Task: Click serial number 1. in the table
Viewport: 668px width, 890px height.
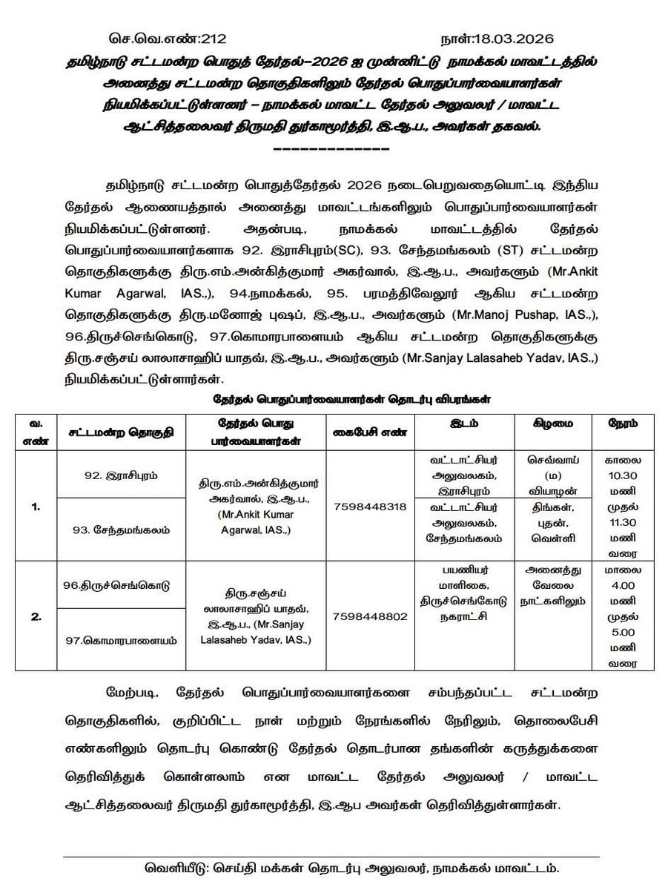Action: point(36,507)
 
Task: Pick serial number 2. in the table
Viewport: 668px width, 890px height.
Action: point(36,616)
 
